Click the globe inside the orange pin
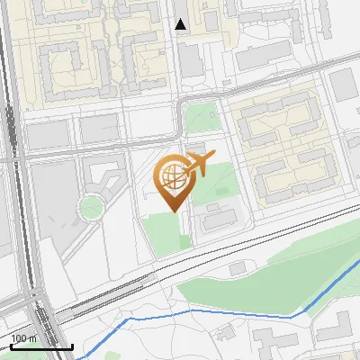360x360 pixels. click(172, 177)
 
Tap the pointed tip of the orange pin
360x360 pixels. click(173, 211)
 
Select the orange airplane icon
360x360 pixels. click(197, 165)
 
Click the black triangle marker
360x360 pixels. click(181, 24)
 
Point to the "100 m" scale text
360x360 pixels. click(23, 338)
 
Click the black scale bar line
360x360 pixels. click(41, 346)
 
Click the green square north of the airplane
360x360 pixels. click(200, 118)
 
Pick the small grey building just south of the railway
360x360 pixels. click(238, 268)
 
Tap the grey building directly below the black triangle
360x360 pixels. click(190, 58)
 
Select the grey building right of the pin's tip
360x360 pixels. click(217, 217)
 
